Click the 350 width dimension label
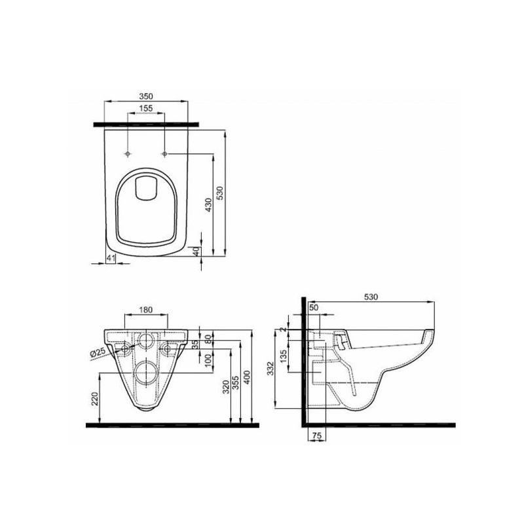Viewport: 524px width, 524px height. coord(146,96)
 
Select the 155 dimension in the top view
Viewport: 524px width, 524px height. coord(146,108)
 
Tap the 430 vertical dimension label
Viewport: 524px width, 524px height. coord(208,205)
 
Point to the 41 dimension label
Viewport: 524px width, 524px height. coord(111,257)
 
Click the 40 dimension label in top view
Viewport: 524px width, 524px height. coord(196,252)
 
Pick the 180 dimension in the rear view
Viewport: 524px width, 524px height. coord(146,310)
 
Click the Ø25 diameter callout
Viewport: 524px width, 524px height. coord(98,353)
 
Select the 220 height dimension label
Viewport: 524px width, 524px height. coord(94,399)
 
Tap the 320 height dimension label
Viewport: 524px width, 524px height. coord(226,387)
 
